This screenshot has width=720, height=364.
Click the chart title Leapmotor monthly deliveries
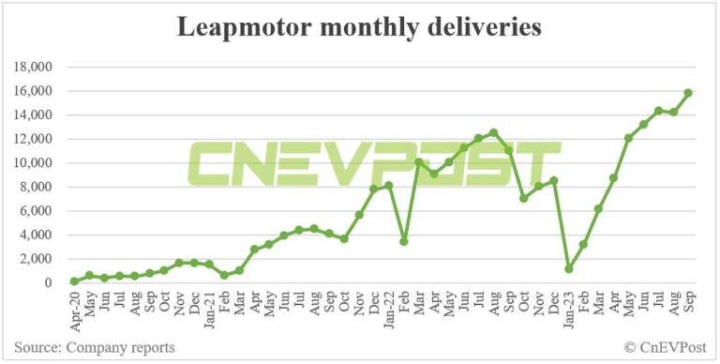pos(359,28)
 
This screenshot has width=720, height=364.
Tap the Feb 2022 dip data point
pos(404,241)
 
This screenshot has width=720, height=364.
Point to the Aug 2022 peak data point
pos(494,132)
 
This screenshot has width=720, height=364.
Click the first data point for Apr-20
pos(74,281)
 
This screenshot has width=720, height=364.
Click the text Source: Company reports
pos(95,348)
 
